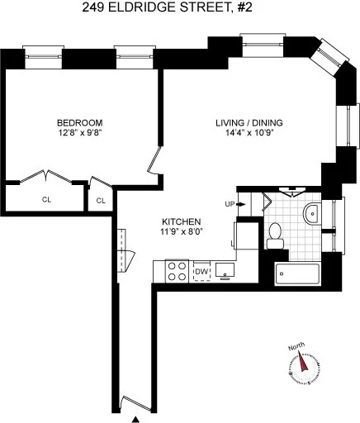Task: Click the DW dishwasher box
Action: tap(201, 270)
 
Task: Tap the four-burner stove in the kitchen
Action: tap(177, 270)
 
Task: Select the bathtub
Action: tap(298, 275)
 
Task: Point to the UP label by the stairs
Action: tap(230, 204)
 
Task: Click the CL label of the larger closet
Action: tap(45, 198)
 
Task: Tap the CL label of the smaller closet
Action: tap(101, 200)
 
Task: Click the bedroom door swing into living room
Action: tap(154, 159)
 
